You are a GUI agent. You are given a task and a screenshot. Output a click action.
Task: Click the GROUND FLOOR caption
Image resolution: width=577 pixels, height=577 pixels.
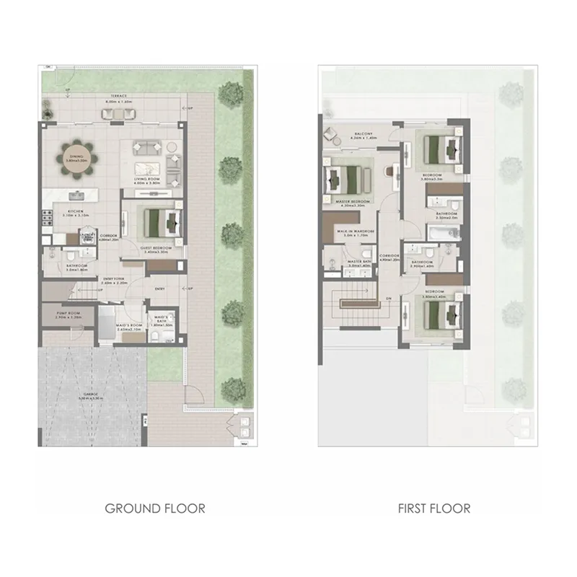tap(154, 508)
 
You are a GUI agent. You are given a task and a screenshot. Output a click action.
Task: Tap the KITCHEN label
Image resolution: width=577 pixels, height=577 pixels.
tap(74, 212)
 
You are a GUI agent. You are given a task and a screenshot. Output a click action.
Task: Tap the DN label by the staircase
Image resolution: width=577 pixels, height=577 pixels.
tap(388, 298)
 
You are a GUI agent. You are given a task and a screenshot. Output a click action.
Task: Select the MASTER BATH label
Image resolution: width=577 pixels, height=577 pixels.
tap(358, 262)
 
